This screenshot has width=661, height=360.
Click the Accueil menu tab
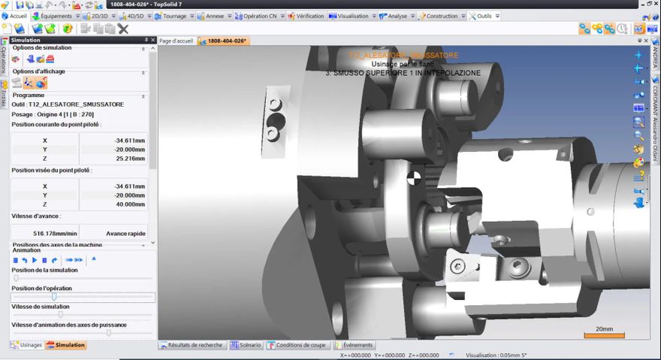point(16,16)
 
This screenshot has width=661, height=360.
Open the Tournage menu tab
point(173,16)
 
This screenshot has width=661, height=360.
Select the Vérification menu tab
point(309,16)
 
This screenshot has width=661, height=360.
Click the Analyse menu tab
point(397,16)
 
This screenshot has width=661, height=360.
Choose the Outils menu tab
point(483,16)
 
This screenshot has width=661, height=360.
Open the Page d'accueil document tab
point(177,41)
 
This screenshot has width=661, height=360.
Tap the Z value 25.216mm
point(113,159)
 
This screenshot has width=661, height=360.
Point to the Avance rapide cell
point(113,234)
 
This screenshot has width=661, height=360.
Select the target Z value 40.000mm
point(113,204)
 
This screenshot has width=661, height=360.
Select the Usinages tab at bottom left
point(26,345)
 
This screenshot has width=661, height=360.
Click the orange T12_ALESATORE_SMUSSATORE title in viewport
point(403,55)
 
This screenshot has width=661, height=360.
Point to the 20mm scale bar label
point(604,328)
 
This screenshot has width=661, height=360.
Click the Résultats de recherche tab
point(192,345)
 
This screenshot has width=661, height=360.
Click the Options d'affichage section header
point(38,71)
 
